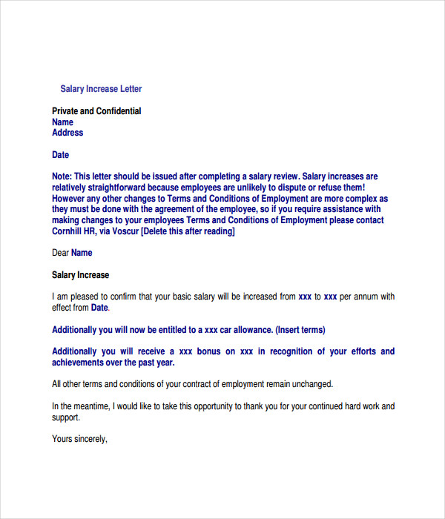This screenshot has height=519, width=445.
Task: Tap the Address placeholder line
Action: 67,133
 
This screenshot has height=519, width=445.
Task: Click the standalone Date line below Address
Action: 60,155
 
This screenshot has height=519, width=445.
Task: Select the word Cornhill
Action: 70,231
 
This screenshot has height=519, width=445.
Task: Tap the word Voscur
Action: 125,231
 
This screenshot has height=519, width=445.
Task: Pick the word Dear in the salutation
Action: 60,253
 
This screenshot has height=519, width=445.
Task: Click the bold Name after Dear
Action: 82,253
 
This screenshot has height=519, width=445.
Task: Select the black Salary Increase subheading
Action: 80,275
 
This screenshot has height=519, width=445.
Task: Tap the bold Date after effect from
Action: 99,308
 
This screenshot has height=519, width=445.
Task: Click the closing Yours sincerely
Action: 79,439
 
